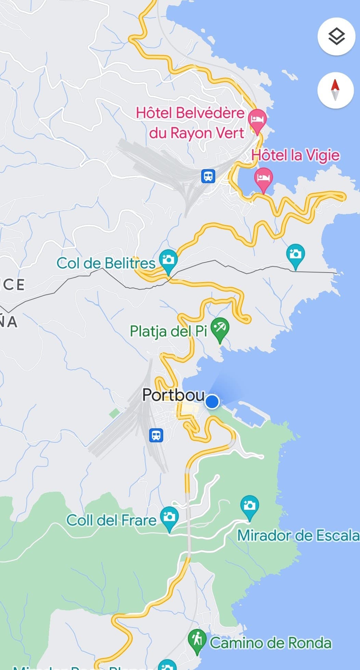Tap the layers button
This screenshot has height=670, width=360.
coord(336,36)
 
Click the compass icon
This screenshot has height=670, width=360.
coord(335,90)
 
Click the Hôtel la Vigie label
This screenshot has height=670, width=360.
coord(295,155)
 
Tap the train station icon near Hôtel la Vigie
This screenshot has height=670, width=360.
coord(208,176)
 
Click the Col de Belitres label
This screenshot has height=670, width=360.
coord(106,263)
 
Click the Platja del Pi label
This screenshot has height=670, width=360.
coord(169,331)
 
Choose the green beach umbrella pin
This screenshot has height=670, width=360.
coord(220,328)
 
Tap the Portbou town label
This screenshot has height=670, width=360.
coord(173,395)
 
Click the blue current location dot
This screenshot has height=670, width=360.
coord(212,401)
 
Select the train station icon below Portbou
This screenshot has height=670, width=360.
coord(156,435)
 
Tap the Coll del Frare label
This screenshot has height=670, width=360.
coord(111,520)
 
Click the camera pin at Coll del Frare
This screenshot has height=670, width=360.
coord(169,517)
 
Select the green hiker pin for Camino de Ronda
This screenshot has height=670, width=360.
coord(197,640)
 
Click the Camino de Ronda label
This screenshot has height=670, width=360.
coord(270,643)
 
